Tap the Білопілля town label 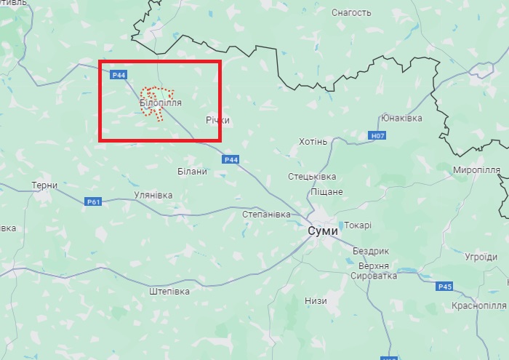161,104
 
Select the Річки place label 217,120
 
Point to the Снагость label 351,12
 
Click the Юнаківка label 402,118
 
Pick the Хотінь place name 313,141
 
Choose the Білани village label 193,172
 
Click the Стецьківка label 312,177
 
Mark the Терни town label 44,185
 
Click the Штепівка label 169,291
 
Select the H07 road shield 377,135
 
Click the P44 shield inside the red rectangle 119,74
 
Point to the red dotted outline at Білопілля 157,90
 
